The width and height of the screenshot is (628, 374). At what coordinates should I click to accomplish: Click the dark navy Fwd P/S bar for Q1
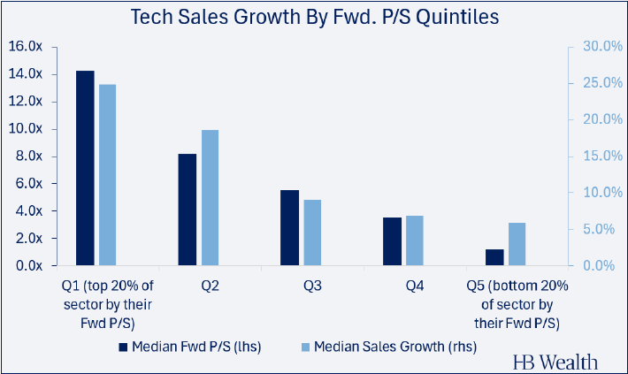[x=85, y=168]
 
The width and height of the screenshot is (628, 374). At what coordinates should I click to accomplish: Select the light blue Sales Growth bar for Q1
[x=107, y=175]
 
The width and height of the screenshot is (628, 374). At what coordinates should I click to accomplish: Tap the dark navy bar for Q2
[x=188, y=210]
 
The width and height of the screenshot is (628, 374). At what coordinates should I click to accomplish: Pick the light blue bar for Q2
[x=210, y=198]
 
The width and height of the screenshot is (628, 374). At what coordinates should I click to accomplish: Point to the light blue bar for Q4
[x=415, y=240]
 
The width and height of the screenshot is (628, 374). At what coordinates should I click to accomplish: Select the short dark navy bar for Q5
[x=494, y=257]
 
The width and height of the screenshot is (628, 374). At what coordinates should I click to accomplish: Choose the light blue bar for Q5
[x=517, y=244]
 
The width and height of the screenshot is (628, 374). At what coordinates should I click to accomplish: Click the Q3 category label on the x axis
[x=313, y=286]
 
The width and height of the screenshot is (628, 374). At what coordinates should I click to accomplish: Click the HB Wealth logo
[x=555, y=362]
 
